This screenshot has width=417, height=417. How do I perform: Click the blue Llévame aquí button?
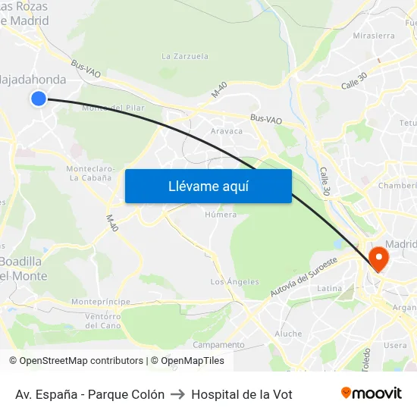pos(208,186)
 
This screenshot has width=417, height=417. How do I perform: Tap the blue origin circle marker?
pos(39,98)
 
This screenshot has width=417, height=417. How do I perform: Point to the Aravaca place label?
pos(227,131)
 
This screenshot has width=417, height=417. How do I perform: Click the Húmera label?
pos(221,215)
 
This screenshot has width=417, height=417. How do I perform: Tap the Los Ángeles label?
pos(234,282)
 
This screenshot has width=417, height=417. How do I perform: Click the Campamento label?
pos(219,344)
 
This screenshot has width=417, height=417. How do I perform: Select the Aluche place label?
pos(288,334)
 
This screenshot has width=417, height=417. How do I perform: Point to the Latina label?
pos(330,289)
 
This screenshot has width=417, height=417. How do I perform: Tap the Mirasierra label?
pos(374,36)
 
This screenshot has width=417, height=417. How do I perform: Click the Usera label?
pos(395,346)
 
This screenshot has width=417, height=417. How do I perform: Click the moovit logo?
pos(371,393)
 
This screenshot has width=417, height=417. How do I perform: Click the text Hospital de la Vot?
pos(242,394)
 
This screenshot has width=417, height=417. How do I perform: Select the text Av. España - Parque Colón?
pos(89,394)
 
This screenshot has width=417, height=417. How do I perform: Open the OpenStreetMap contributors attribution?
pos(81,361)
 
